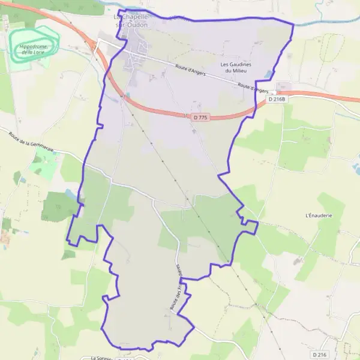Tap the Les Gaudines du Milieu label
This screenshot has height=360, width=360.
click(236, 67)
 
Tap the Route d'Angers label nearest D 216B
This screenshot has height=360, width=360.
click(252, 87)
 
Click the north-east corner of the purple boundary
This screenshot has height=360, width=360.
click(293, 25)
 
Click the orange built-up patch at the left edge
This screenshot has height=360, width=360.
click(5, 238)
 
